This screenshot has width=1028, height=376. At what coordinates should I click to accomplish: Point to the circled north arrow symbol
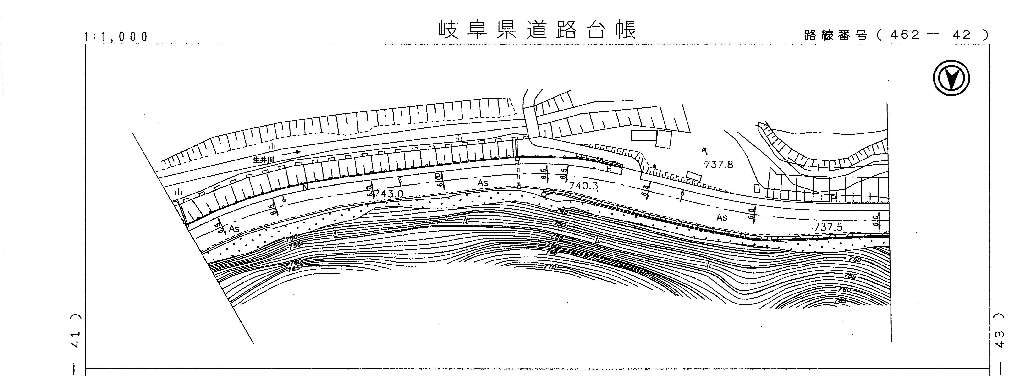pyautogui.click(x=951, y=77)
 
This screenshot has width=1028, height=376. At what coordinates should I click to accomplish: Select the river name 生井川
pyautogui.click(x=263, y=160)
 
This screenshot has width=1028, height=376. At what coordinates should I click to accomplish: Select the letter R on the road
pyautogui.click(x=609, y=169)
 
